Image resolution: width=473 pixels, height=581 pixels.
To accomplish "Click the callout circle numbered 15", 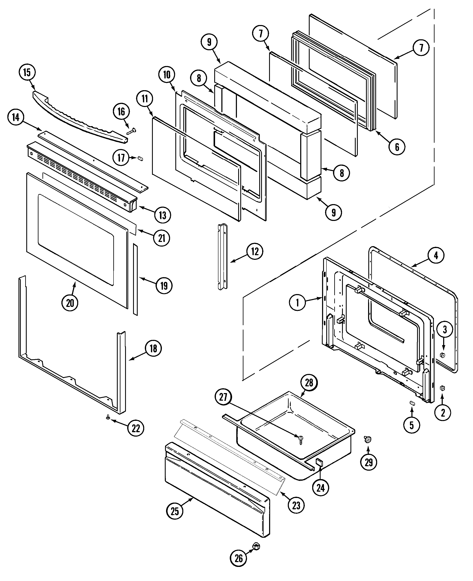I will [x=27, y=73].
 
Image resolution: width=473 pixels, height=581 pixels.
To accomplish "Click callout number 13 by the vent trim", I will [x=163, y=215].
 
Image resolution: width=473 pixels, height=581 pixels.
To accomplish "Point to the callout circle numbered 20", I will [x=70, y=303].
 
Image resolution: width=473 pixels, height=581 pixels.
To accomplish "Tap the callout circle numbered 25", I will [x=175, y=511].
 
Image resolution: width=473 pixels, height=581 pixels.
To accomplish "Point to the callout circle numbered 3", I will [x=445, y=330].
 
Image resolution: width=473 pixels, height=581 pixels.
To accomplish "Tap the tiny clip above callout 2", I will [x=443, y=388].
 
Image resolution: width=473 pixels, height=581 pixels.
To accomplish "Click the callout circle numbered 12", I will [x=255, y=251].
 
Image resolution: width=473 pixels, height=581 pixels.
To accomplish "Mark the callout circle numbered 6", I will [x=397, y=147].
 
